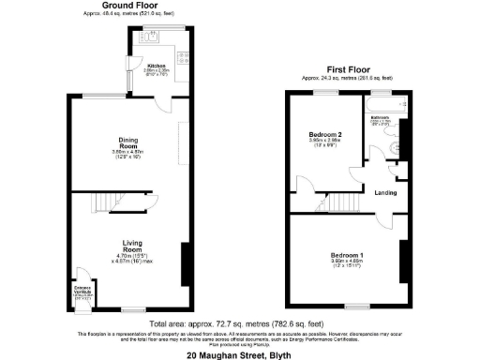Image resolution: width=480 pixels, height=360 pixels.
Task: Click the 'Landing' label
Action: tap(385, 193)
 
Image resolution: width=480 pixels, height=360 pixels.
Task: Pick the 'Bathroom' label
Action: tap(380, 118)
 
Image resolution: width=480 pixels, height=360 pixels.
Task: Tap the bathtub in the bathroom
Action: tap(383, 106)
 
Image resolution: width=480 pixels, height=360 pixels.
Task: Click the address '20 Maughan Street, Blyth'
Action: tap(239, 354)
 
